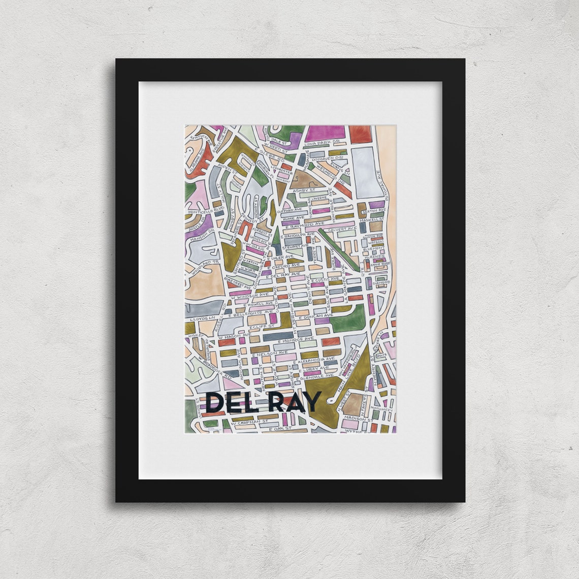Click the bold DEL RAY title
tap(263, 402)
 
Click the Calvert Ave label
tap(339, 230)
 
